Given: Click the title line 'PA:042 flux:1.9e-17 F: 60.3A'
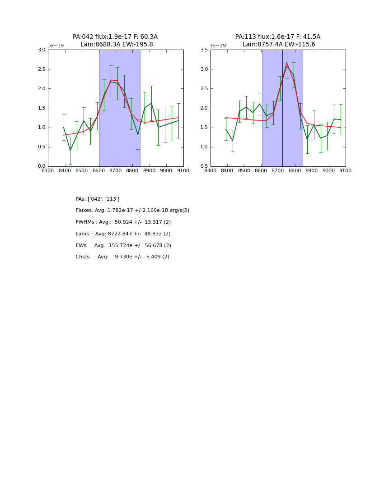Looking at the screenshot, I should click(x=115, y=37).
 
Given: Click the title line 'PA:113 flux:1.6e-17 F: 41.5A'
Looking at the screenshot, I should click(x=278, y=37).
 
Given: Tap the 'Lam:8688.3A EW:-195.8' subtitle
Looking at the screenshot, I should click(x=117, y=45).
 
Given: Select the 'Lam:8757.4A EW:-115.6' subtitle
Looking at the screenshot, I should click(x=279, y=45).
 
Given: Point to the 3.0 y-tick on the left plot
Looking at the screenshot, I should click(x=42, y=50).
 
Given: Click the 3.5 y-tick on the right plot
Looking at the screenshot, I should click(x=204, y=50).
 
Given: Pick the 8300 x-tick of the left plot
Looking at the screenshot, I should click(x=48, y=170).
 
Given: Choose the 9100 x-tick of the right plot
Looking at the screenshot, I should click(x=346, y=170).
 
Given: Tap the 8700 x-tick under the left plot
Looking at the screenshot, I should click(x=116, y=170).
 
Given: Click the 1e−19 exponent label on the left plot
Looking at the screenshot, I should click(x=56, y=46).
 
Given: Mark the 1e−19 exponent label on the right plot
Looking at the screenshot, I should click(x=218, y=46).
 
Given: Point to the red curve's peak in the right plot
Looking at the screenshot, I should click(x=286, y=62).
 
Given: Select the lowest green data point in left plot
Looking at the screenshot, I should click(x=70, y=150).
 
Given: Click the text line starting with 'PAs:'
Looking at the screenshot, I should click(x=98, y=199).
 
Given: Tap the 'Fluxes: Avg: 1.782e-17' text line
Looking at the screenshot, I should click(x=132, y=211).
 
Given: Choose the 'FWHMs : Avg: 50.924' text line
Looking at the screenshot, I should click(x=123, y=222).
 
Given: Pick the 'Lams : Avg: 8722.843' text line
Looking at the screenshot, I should click(x=123, y=234).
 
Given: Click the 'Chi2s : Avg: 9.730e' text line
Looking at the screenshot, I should click(x=122, y=257).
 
